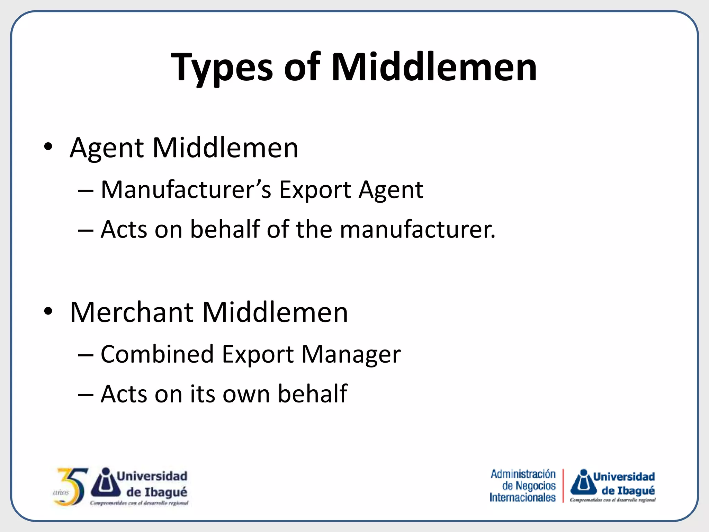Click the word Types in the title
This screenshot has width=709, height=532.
coord(222,68)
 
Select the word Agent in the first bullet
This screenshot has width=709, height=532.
coord(106,148)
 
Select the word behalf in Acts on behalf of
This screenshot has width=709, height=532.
coord(225,229)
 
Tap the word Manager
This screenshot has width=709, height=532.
coord(351,355)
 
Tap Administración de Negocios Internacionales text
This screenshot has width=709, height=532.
coord(523,486)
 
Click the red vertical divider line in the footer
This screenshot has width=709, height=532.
coord(563,486)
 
